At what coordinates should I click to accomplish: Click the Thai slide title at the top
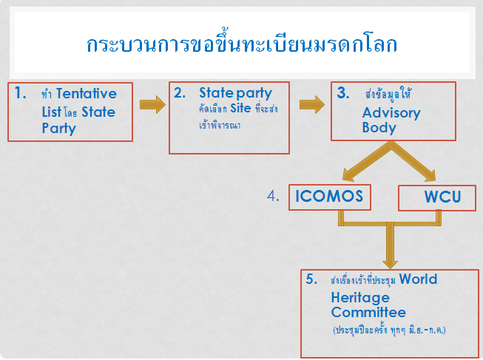242,44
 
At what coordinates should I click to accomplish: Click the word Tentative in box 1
87,93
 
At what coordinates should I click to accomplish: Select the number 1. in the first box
20,92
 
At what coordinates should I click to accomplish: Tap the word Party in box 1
59,129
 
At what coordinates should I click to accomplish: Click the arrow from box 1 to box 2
152,105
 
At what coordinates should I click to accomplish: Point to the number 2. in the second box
180,92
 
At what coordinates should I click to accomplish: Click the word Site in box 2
240,108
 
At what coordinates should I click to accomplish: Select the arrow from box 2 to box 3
312,105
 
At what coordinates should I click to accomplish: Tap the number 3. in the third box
343,92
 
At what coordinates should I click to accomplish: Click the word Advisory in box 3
391,113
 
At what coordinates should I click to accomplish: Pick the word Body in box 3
379,128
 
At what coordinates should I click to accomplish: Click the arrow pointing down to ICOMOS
367,162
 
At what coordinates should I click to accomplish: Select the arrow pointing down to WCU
413,162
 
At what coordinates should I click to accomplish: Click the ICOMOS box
330,197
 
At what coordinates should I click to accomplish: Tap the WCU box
437,198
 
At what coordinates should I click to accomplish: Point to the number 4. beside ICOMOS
273,196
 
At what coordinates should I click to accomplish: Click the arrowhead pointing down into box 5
390,264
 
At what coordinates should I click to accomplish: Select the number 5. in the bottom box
311,279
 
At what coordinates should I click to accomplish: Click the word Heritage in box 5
360,297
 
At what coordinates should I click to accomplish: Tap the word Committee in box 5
368,312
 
